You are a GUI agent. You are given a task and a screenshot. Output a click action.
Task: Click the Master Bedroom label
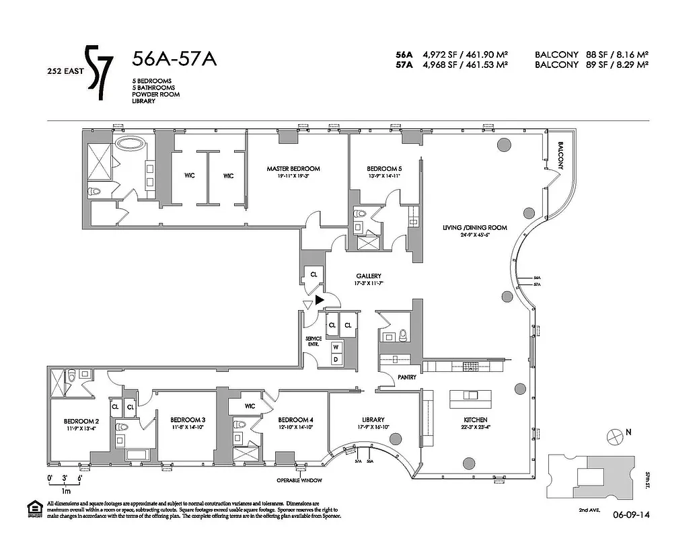[x=293, y=168]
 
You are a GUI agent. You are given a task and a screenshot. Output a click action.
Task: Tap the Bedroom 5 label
[x=384, y=168]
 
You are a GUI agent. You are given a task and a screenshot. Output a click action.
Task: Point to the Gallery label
[x=369, y=276]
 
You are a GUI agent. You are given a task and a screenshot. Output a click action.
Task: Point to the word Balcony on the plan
[x=560, y=157]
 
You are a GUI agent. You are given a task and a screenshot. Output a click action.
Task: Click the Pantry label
[x=406, y=377]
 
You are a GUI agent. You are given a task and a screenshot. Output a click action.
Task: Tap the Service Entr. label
[x=314, y=341]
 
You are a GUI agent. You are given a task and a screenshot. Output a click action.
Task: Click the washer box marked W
[x=335, y=346]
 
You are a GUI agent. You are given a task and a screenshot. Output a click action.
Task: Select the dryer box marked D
[x=335, y=359]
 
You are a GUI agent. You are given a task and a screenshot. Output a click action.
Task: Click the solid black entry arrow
[x=320, y=301]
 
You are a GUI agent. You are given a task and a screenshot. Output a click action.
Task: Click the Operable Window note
[x=300, y=480]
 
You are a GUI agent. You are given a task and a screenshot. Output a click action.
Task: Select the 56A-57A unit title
[x=174, y=59]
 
